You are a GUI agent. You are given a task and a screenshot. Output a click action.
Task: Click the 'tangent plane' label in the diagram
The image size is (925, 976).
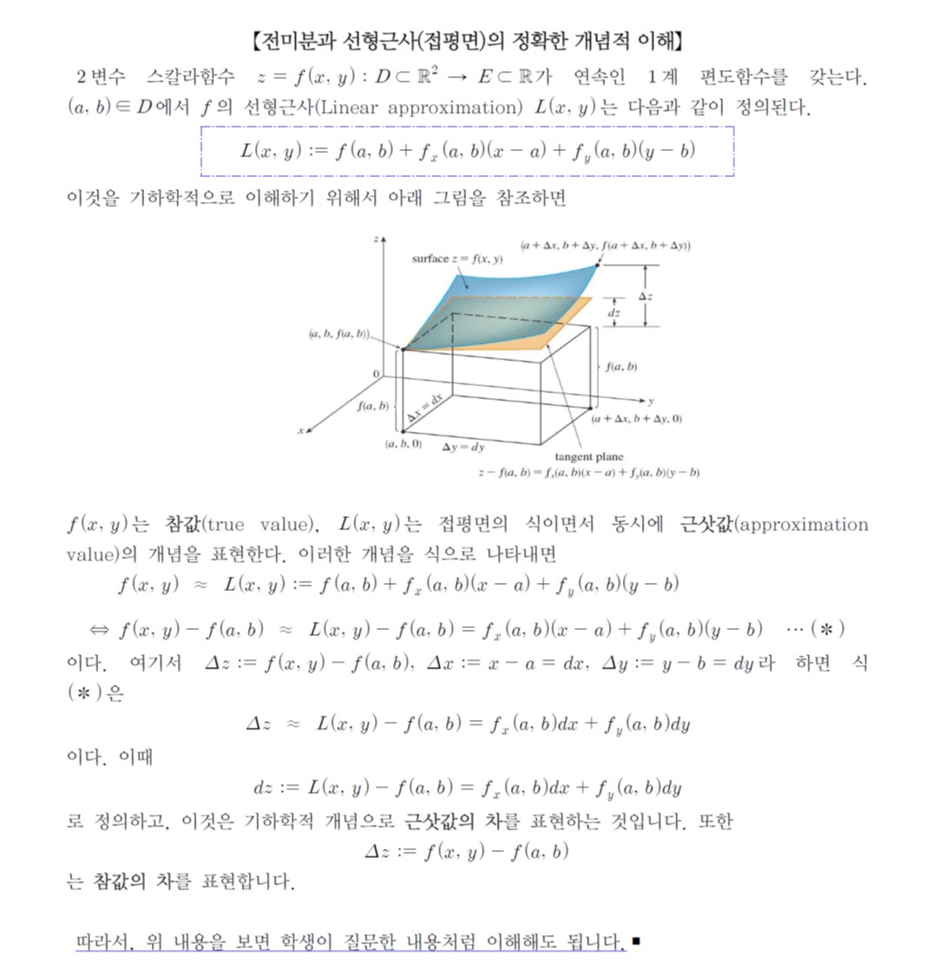[588, 457]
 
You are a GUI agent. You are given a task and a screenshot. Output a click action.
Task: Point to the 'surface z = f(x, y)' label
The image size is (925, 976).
[456, 259]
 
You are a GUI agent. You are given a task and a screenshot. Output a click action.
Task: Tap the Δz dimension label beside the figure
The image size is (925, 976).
[645, 297]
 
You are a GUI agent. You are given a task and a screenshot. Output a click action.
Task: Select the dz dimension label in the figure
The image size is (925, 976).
[613, 312]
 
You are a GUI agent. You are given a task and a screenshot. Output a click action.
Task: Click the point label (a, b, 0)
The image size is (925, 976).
[403, 444]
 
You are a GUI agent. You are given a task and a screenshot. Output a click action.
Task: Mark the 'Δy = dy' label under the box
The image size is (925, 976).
[463, 448]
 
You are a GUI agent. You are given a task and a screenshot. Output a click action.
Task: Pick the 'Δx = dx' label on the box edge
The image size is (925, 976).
[425, 408]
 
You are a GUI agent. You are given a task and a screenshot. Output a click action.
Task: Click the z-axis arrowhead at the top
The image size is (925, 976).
[383, 238]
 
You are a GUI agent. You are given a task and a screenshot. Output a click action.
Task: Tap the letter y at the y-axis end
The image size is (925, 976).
[652, 402]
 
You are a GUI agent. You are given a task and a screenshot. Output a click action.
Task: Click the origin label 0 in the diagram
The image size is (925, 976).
[376, 373]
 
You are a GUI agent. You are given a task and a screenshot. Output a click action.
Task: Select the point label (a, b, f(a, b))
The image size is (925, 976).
[338, 334]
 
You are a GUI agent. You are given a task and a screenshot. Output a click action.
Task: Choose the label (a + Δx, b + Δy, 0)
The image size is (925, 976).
[636, 419]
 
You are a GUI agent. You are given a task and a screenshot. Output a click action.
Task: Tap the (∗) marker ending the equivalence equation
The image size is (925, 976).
[827, 628]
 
